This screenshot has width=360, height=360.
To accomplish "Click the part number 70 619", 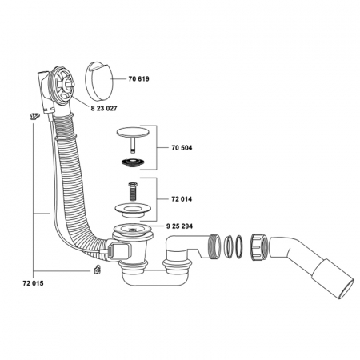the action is [x=138, y=79].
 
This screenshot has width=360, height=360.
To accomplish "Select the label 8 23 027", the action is [x=104, y=109].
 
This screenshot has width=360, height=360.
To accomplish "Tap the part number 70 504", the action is [x=182, y=148].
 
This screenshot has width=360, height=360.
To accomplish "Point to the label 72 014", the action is [x=182, y=199].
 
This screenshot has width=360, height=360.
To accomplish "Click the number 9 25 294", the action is [x=179, y=226].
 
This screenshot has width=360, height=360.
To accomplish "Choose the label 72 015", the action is [x=33, y=283].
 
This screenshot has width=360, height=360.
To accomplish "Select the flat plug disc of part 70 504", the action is [x=133, y=133].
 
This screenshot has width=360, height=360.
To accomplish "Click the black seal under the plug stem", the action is [x=133, y=162].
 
